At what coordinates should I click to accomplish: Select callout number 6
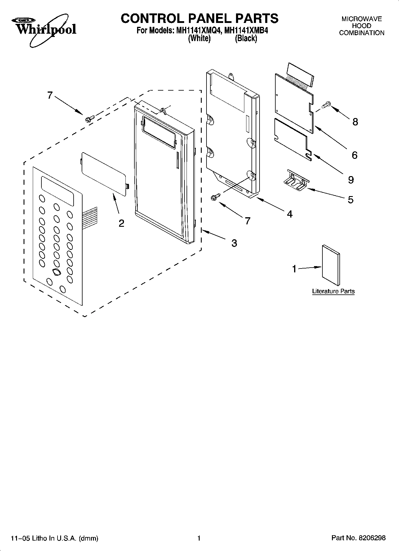[x=354, y=155]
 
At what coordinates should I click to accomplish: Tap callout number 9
[x=351, y=180]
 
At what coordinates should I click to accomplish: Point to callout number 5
[x=350, y=199]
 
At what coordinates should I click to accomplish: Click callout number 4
[x=290, y=214]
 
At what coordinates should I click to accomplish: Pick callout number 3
[x=234, y=243]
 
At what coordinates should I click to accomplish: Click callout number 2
[x=121, y=223]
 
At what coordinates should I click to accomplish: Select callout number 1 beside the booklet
[x=294, y=269]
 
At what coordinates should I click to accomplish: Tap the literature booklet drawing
[x=331, y=265]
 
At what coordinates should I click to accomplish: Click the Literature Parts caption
[x=333, y=291]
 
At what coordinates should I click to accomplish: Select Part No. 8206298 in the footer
[x=358, y=538]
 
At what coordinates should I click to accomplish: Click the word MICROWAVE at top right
[x=361, y=19]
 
